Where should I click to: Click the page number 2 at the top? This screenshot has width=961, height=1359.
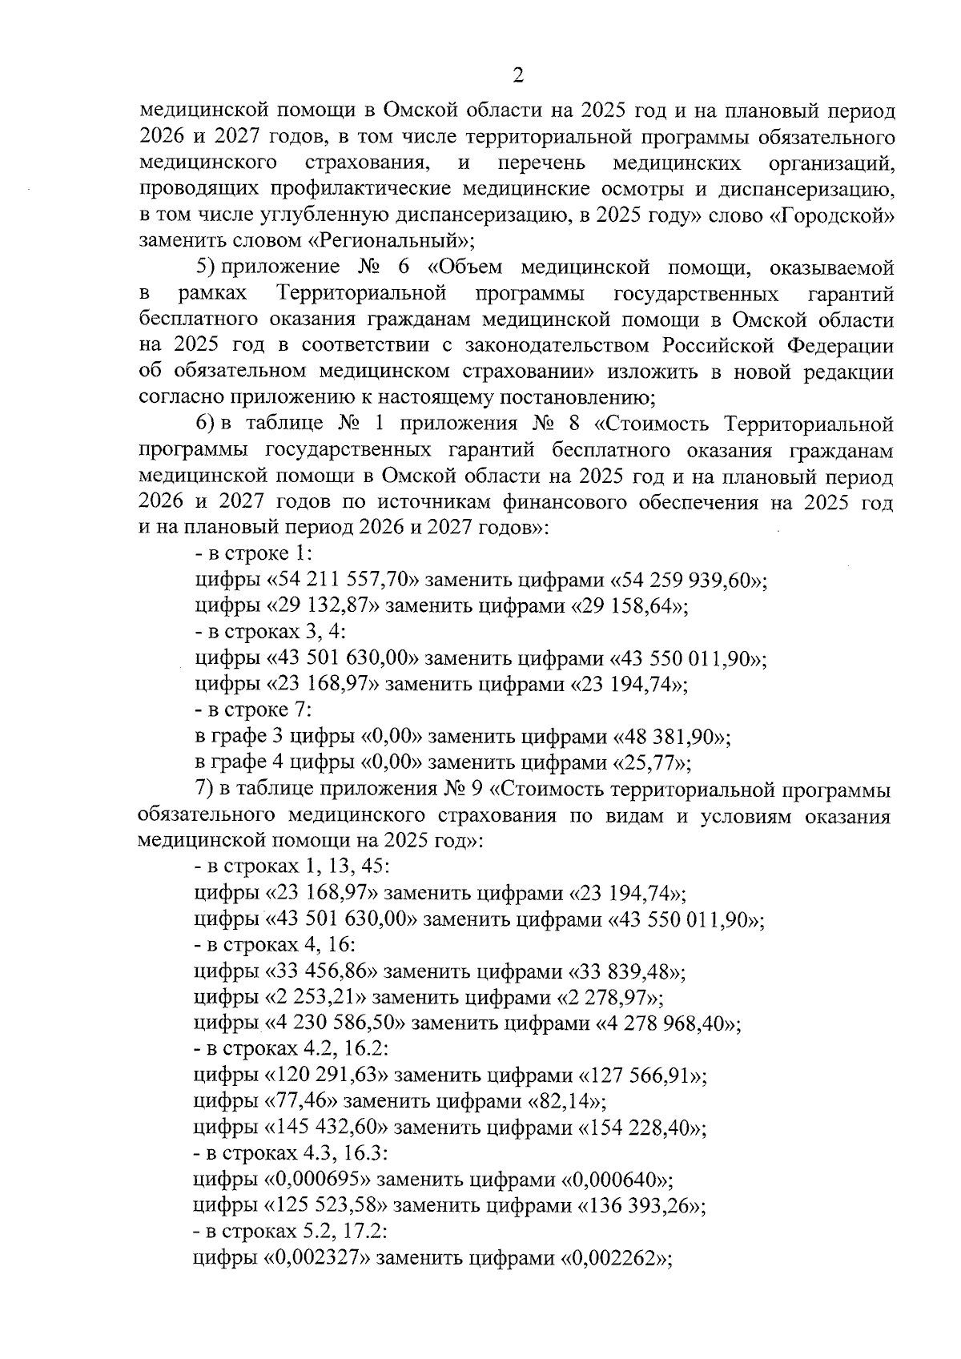(x=517, y=77)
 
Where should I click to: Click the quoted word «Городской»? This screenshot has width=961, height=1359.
(x=837, y=215)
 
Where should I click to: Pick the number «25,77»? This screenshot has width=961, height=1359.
(x=652, y=762)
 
